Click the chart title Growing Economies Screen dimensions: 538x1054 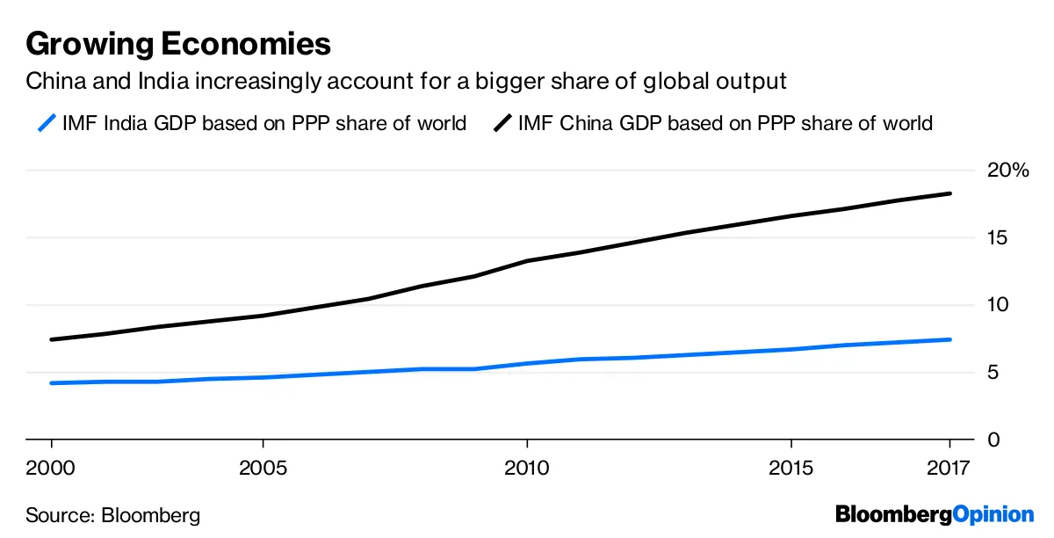[x=178, y=44]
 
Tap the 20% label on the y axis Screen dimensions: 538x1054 [x=1007, y=171]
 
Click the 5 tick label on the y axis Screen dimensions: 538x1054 [x=993, y=373]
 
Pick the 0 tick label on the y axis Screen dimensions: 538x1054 [x=993, y=440]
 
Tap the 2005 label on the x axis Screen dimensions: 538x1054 [x=263, y=467]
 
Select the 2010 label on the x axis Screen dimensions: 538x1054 [x=526, y=467]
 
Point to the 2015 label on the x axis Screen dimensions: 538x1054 [x=790, y=467]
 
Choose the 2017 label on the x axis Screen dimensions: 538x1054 [x=949, y=467]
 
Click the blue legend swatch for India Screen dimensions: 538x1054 [x=48, y=123]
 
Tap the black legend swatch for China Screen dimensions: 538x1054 [x=502, y=123]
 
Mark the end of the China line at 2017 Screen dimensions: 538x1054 [x=949, y=193]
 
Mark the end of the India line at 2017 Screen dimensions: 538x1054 [x=949, y=339]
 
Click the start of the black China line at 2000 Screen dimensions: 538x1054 [x=52, y=339]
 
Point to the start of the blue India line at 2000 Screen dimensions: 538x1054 [x=52, y=383]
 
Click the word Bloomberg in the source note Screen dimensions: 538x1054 [x=151, y=515]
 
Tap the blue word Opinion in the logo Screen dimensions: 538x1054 [x=993, y=514]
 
